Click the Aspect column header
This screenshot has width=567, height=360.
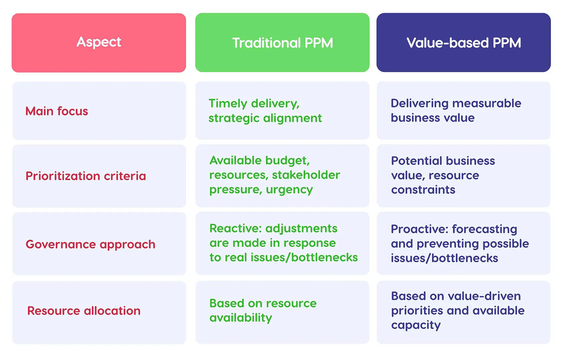99,42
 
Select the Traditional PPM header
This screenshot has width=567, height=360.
282,43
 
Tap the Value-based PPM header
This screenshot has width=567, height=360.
464,43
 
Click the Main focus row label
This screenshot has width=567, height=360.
57,111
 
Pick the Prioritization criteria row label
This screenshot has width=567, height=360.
86,176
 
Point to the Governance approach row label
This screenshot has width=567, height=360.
90,244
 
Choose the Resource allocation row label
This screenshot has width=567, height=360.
84,311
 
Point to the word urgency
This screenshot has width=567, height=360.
289,190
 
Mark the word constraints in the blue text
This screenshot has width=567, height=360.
423,190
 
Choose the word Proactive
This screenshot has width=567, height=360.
420,229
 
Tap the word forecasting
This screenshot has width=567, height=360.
484,229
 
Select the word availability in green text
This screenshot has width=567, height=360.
240,318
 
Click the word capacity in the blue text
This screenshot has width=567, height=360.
416,325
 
